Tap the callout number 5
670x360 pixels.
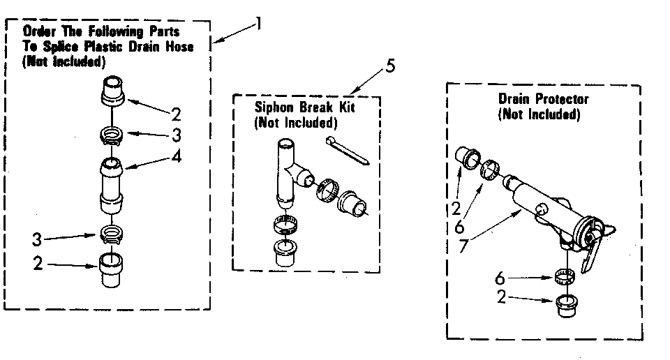tap(390, 67)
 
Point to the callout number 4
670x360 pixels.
tap(178, 156)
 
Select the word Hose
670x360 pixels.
tap(179, 46)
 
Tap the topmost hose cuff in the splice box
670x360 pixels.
tap(113, 91)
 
